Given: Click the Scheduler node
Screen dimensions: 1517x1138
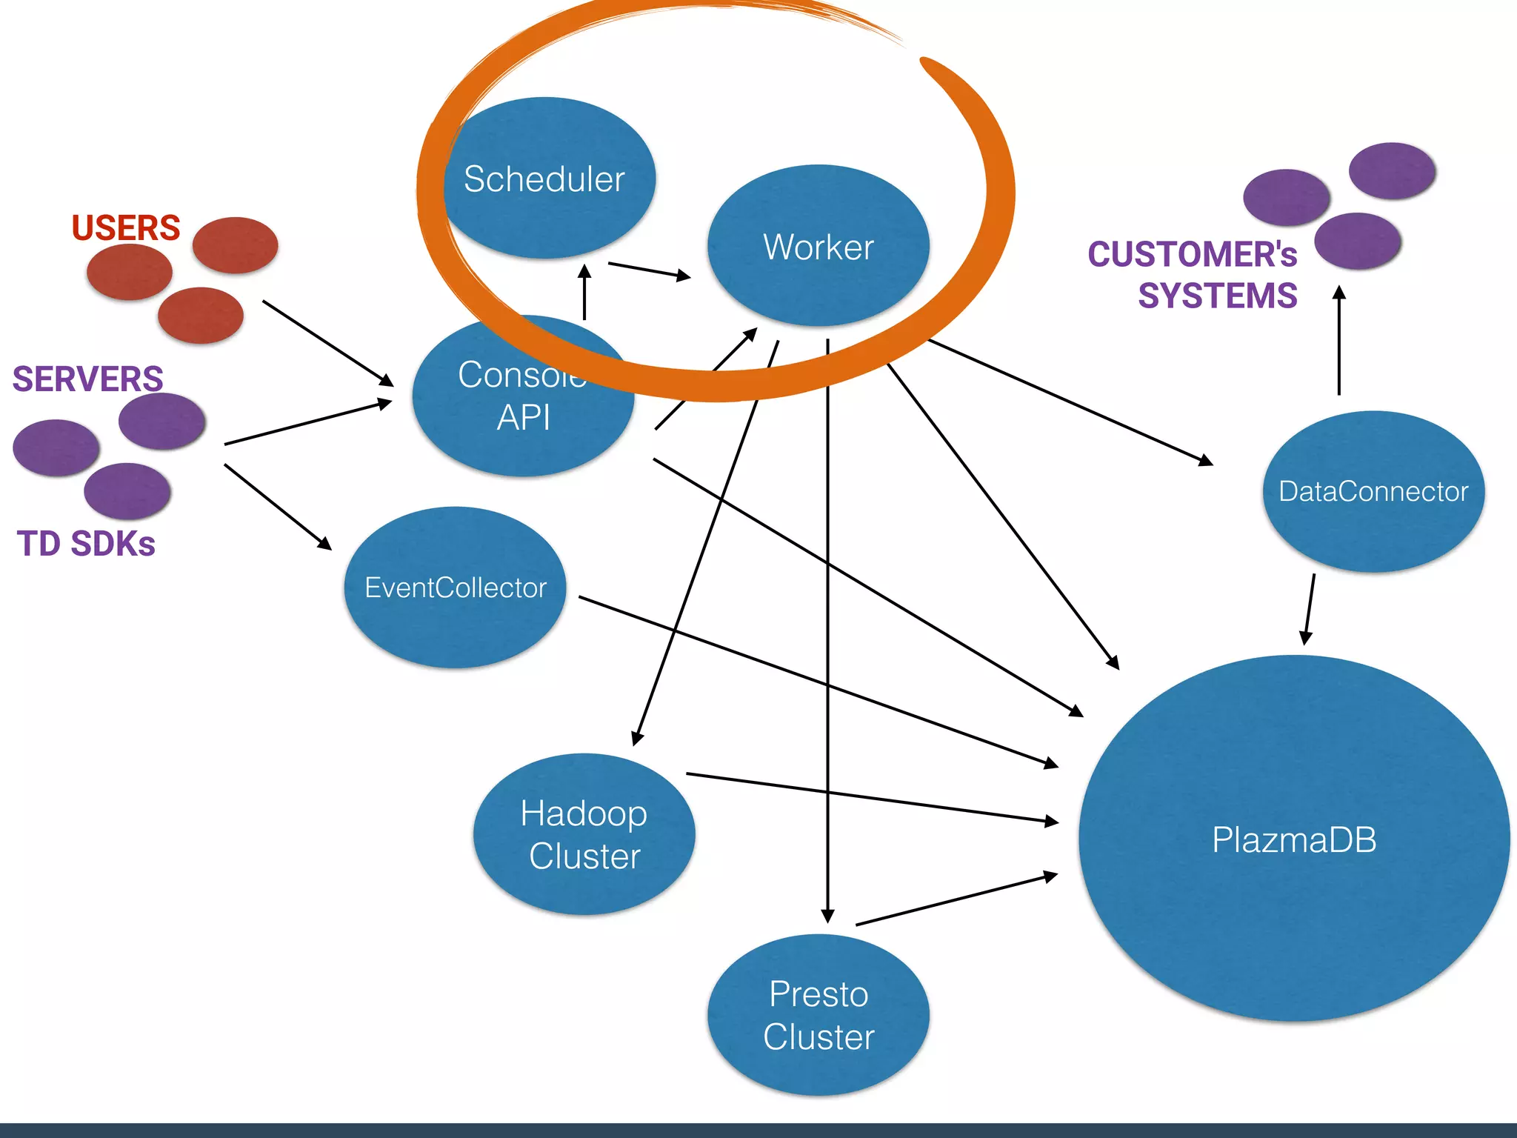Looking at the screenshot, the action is [544, 179].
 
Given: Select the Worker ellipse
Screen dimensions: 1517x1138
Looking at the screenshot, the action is [818, 247].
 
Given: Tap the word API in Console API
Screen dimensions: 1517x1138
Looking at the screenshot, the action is [524, 417].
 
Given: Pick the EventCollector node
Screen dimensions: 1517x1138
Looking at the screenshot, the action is [456, 588].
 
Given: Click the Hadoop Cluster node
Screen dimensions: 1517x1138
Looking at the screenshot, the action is [584, 834].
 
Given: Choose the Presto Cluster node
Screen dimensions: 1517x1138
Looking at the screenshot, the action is [818, 1015].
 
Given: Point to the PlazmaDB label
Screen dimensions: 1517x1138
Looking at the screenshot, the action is [1294, 840].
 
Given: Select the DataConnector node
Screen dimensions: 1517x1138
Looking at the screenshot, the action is [1373, 491].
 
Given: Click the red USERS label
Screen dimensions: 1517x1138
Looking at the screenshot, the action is [126, 227].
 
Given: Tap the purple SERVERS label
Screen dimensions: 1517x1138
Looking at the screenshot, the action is [87, 379].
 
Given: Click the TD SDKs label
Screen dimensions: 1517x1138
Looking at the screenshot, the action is [86, 544].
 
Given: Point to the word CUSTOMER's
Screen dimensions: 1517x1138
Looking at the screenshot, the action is [1192, 254].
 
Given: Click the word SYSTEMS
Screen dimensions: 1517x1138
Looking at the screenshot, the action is [1217, 296].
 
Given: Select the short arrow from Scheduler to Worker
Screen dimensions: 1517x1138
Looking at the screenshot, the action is [649, 270].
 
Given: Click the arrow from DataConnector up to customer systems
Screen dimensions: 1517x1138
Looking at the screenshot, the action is [1338, 341].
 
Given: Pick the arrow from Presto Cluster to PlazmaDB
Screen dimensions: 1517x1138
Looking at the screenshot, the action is [956, 900].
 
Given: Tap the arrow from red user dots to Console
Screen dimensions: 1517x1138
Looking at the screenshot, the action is [328, 343].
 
